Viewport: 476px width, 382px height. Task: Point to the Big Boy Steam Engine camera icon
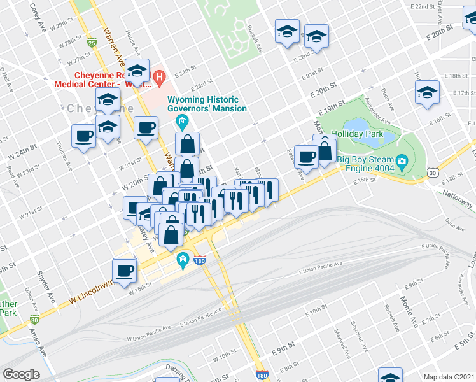pyautogui.click(x=402, y=160)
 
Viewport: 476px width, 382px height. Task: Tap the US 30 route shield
pyautogui.click(x=433, y=172)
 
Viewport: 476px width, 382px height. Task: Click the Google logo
pyautogui.click(x=21, y=374)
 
